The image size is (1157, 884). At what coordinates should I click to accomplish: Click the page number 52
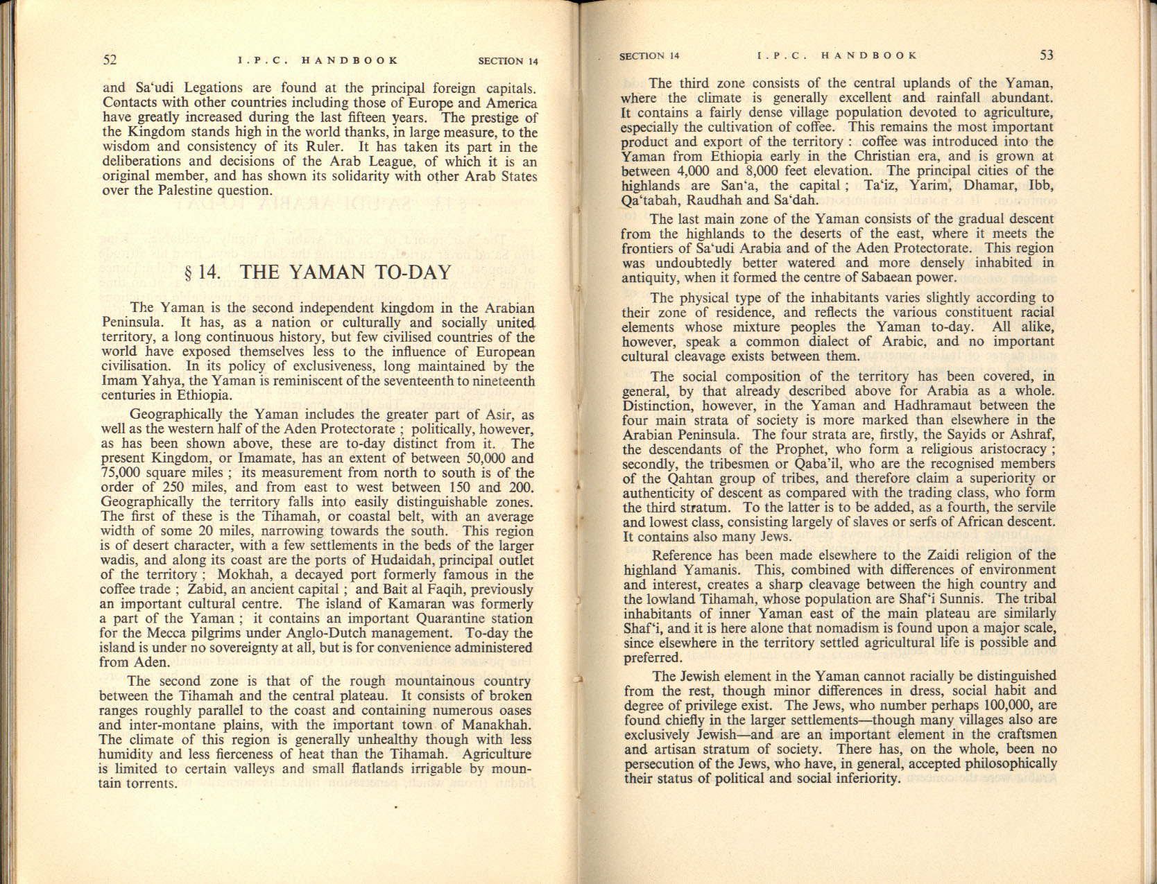point(110,60)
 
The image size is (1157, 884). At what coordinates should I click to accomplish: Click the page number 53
point(1047,55)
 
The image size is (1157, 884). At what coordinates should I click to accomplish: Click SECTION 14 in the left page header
point(508,61)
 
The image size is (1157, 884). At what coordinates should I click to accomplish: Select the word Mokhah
point(243,575)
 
